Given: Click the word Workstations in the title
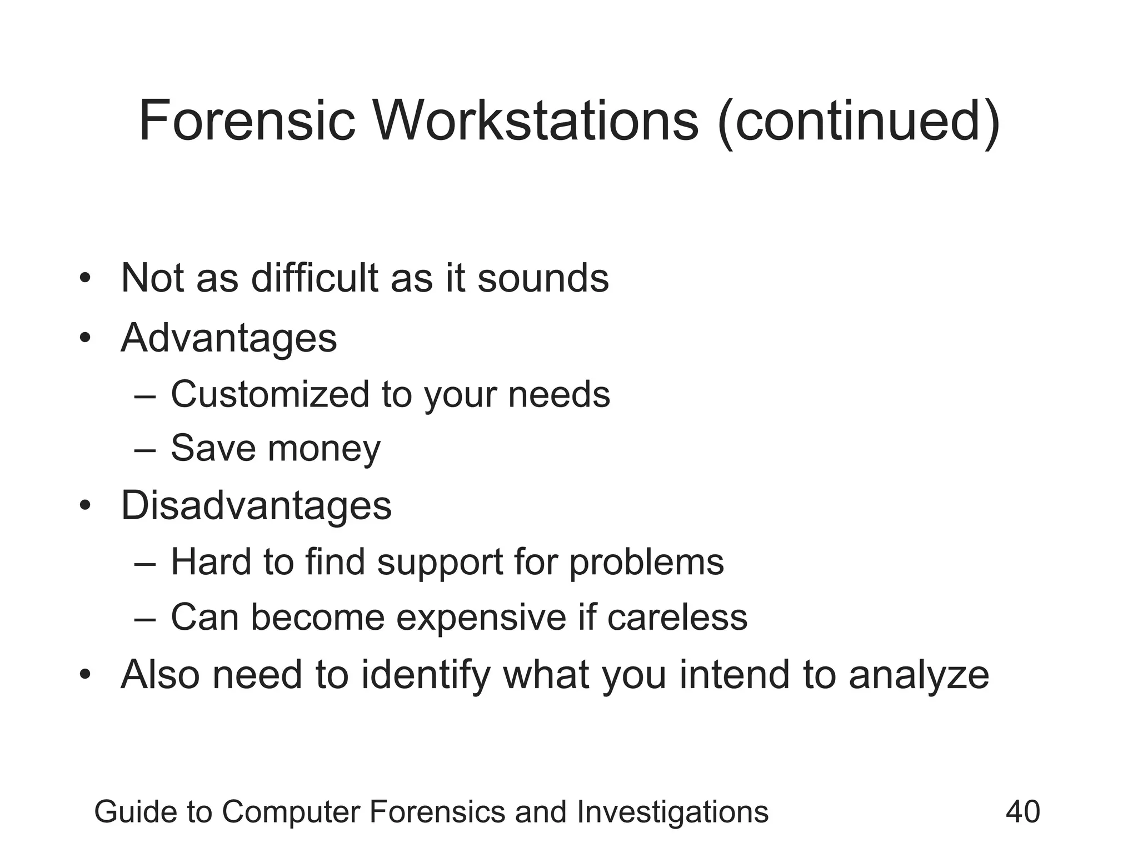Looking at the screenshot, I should point(536,121).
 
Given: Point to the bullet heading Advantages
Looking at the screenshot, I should point(229,338).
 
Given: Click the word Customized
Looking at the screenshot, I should point(269,394).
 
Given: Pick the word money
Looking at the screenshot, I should point(324,448).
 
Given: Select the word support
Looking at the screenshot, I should point(440,562).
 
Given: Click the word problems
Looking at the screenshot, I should point(646,562).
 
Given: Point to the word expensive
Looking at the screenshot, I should point(480,617).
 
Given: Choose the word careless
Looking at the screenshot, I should point(677,617).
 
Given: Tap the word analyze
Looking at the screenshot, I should point(919,676).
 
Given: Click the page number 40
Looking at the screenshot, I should point(1022,811).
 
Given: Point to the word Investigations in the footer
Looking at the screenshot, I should point(672,812).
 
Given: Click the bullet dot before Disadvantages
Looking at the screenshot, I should point(84,505).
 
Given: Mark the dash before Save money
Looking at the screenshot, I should point(145,449).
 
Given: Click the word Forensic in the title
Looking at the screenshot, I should point(247,121).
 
